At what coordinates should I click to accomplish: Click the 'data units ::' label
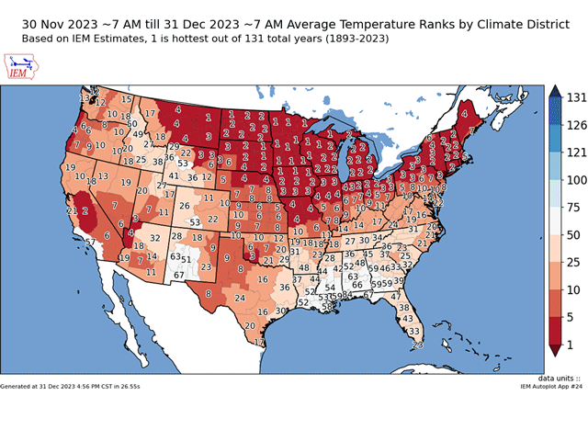point(561,378)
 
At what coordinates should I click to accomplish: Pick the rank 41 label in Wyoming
point(174,175)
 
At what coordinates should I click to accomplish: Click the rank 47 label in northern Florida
point(396,297)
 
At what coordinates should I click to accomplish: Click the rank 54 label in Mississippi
point(330,288)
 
